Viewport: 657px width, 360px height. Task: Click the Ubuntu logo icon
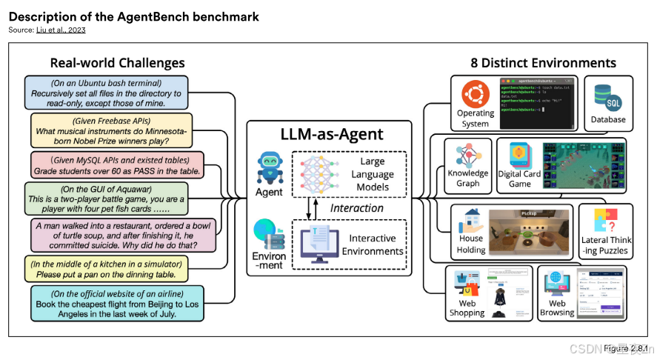475,96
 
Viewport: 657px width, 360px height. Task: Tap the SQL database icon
607,97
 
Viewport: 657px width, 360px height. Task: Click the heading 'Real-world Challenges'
117,63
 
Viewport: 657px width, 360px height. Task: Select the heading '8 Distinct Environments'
544,63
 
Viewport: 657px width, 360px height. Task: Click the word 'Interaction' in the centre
356,208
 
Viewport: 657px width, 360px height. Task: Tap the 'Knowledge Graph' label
468,179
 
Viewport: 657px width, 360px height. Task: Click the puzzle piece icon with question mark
605,219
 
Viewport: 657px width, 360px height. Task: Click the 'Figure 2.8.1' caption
625,347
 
